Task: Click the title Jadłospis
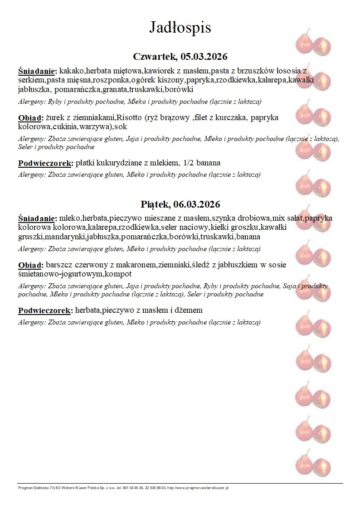(x=180, y=28)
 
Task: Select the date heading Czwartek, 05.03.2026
(x=180, y=57)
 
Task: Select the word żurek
(x=55, y=118)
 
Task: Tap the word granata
(x=116, y=89)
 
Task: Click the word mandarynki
(x=63, y=237)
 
